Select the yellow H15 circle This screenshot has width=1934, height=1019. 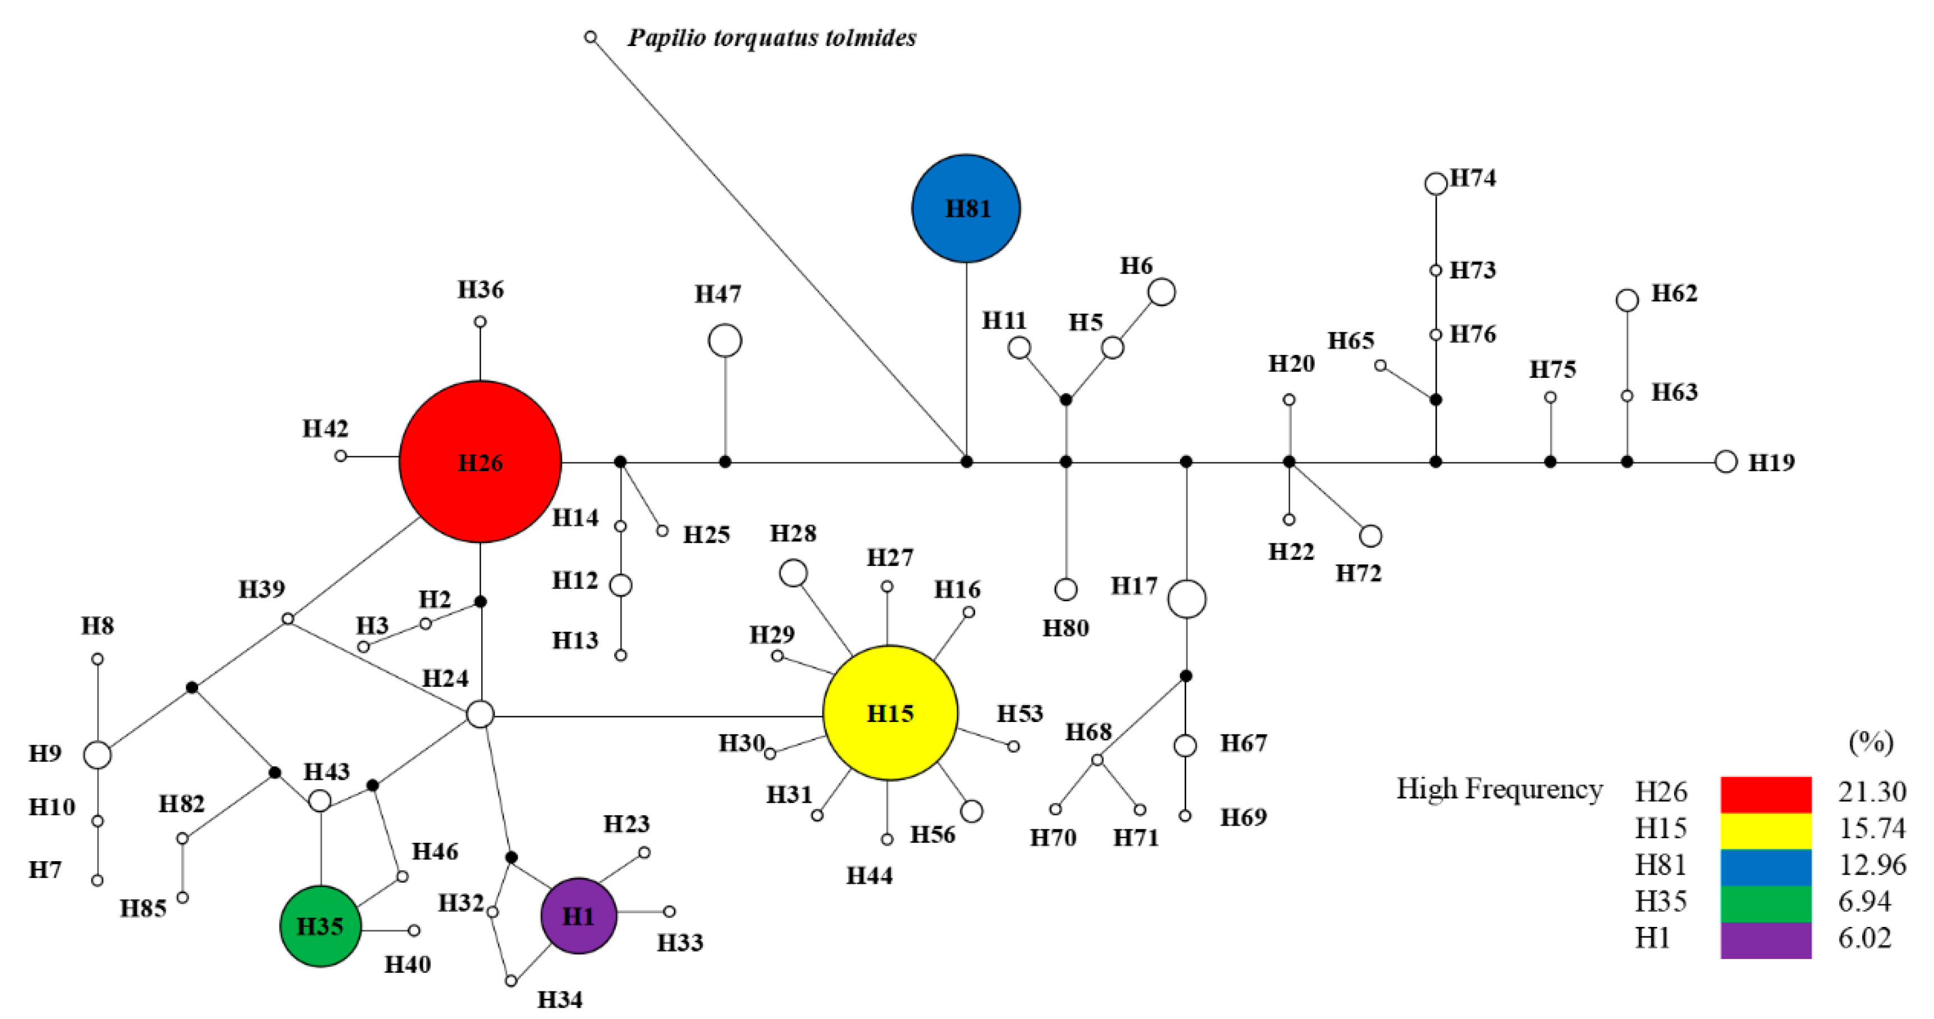[890, 712]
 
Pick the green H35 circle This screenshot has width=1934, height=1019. [320, 925]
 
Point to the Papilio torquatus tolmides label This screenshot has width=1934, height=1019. [772, 38]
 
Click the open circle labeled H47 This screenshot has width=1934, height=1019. [725, 341]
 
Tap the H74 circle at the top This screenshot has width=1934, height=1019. [1435, 183]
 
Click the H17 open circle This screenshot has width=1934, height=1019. [1186, 598]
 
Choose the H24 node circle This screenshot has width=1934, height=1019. [480, 714]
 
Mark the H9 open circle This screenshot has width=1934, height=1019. [98, 754]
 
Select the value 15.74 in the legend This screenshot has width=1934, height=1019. [1871, 828]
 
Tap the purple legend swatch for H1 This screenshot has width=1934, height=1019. [1765, 939]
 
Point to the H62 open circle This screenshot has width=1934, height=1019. [1627, 300]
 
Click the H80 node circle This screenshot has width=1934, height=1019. [1066, 590]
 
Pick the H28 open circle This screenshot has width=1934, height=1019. [793, 573]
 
